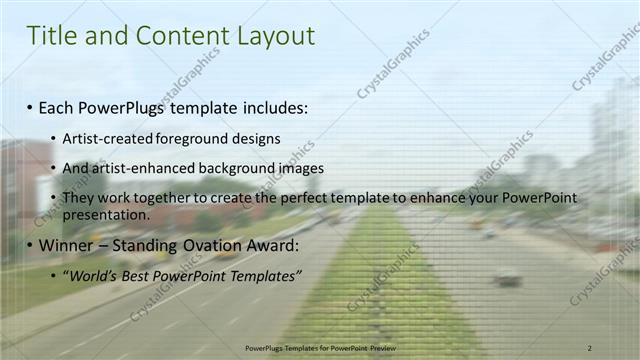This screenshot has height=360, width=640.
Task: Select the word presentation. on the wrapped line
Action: click(x=106, y=214)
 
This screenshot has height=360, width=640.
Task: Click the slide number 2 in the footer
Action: click(x=590, y=346)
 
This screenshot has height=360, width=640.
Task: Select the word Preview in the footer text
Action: click(x=379, y=346)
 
